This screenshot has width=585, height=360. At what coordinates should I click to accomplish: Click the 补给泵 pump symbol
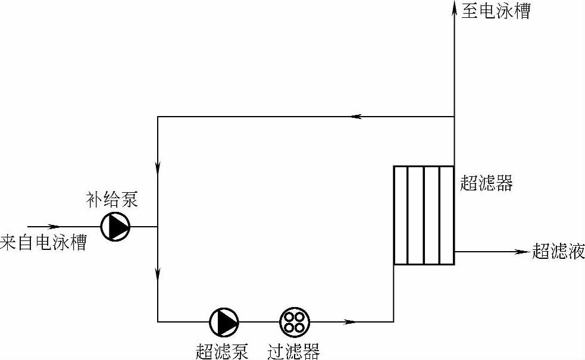[115, 226]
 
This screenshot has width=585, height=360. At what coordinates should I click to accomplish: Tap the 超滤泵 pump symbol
[224, 321]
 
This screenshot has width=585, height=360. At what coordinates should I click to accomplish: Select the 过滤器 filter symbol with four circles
[294, 321]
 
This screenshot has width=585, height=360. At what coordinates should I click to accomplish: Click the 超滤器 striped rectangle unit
[424, 215]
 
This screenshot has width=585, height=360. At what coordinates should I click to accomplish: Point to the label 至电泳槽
[495, 11]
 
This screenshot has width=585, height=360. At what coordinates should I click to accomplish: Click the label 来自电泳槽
[43, 243]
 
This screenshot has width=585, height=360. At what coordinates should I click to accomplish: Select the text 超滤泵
[221, 351]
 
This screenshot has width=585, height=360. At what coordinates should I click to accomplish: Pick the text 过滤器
[293, 351]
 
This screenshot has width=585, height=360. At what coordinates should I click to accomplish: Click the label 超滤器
[486, 183]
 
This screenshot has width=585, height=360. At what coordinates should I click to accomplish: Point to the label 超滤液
[558, 252]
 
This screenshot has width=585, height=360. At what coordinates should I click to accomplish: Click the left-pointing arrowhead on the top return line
[357, 117]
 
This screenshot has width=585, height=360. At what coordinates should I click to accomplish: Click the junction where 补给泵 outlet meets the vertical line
[158, 227]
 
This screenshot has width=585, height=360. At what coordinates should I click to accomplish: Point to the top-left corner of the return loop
[158, 117]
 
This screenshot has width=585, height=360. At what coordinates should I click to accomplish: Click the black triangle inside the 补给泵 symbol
[117, 226]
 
